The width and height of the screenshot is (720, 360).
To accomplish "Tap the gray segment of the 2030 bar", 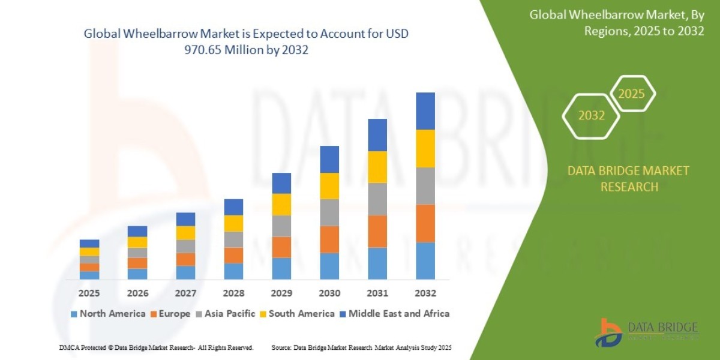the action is click(x=329, y=212).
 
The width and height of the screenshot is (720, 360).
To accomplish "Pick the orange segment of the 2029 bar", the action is click(x=281, y=247).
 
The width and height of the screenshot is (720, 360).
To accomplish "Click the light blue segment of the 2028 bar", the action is click(x=233, y=271).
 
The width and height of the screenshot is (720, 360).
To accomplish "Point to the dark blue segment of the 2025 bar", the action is click(x=89, y=244).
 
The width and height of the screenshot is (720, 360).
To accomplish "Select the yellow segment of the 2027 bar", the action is click(x=185, y=233).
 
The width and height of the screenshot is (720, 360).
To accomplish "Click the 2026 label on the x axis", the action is click(x=137, y=293).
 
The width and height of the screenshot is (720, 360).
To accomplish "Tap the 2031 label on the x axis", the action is click(x=377, y=293).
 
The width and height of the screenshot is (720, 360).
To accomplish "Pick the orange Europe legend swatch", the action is click(x=154, y=314).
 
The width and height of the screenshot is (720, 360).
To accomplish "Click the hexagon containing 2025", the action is click(x=631, y=94).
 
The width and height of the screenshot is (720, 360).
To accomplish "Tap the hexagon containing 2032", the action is click(x=592, y=116).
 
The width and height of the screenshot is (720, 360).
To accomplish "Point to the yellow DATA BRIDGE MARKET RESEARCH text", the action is click(x=628, y=179).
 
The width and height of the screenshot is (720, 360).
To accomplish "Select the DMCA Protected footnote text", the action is click(x=156, y=347).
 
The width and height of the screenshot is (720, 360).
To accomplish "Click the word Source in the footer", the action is click(x=281, y=347).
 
